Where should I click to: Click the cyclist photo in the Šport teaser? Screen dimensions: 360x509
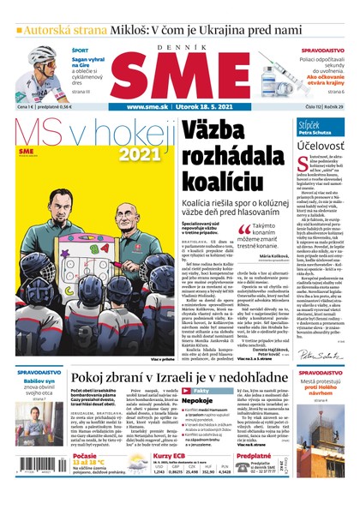pyautogui.click(x=34, y=69)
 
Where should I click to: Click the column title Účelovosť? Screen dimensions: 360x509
pyautogui.click(x=321, y=149)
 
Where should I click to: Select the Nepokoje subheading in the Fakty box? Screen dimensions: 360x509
pyautogui.click(x=209, y=398)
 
